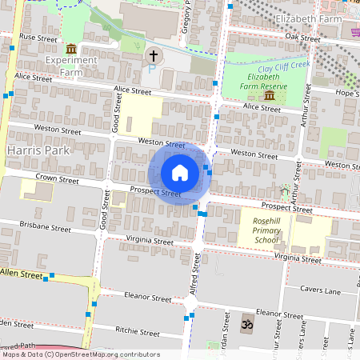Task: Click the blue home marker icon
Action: click(x=180, y=173)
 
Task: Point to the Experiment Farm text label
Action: click(x=71, y=66)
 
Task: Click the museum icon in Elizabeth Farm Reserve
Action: click(x=269, y=95)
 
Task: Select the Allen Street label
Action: click(x=22, y=274)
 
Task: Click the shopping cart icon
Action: click(x=354, y=31)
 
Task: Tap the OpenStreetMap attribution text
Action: click(x=80, y=354)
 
